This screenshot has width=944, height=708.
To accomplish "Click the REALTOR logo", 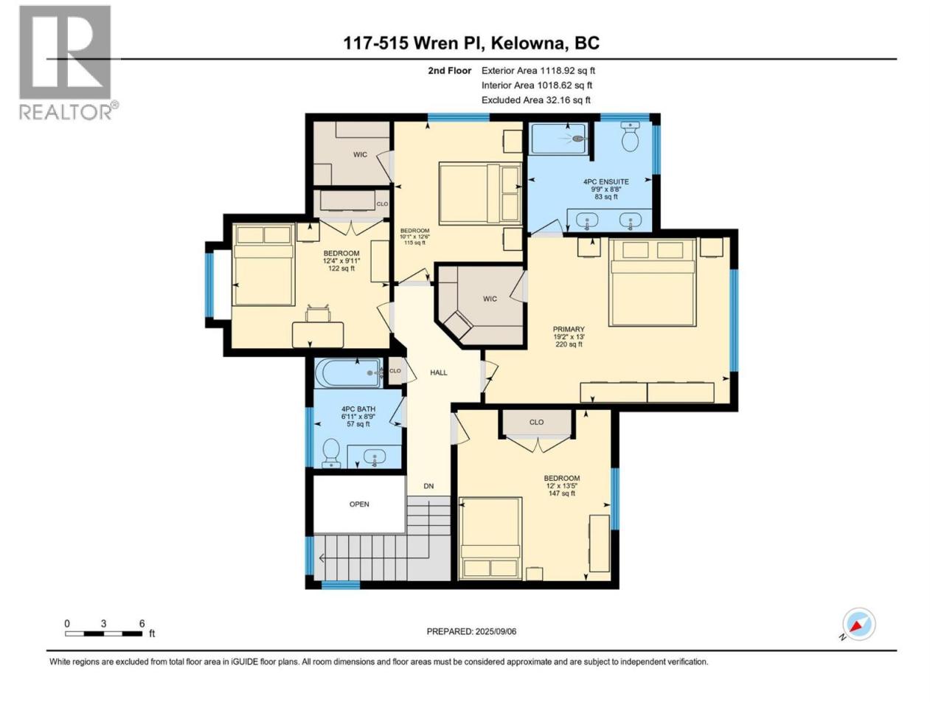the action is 68,63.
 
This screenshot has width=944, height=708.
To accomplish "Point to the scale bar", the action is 104,634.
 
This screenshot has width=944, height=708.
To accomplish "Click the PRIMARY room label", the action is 569,329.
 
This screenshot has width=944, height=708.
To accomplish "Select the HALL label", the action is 439,372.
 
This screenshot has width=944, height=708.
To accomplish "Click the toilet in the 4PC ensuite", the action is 631,136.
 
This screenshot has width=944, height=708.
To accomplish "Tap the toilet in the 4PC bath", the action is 331,453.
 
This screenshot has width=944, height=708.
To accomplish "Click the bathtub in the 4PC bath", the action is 349,372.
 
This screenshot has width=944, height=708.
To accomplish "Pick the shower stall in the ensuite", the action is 559,139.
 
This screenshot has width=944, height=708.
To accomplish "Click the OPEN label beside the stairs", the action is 359,504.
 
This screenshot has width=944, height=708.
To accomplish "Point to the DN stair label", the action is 428,486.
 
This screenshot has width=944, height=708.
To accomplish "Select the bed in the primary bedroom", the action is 653,282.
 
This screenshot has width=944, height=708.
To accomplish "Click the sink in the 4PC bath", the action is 374,457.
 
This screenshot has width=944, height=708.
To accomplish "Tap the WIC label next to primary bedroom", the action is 490,299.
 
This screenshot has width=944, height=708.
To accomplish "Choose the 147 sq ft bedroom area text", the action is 562,493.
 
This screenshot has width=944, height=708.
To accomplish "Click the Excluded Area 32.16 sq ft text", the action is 536,100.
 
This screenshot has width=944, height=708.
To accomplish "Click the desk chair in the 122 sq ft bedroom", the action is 318,313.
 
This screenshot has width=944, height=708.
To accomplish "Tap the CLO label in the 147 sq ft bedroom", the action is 536,422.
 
